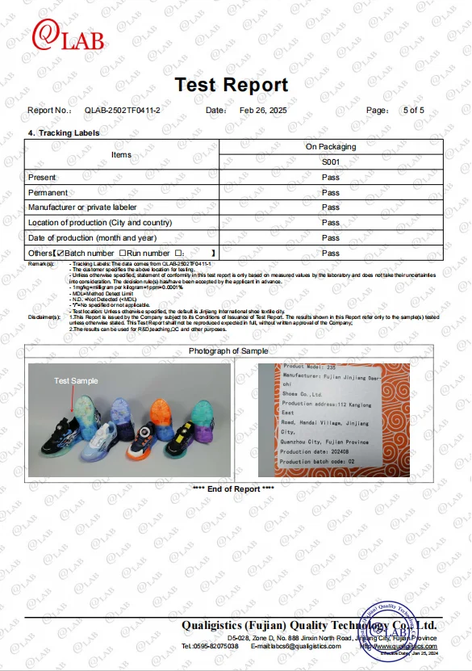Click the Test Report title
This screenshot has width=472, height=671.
[231, 85]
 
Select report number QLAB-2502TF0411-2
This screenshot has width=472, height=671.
[123, 110]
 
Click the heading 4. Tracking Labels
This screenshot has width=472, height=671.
[64, 132]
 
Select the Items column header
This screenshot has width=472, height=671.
[121, 154]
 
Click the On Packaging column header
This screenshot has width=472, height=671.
[331, 147]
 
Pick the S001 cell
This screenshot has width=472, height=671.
[331, 162]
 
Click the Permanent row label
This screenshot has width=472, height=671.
[48, 193]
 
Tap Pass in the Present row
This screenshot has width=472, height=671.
[331, 178]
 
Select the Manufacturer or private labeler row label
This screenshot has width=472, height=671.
[90, 208]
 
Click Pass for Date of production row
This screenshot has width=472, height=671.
[331, 238]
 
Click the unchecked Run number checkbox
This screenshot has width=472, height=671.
[122, 254]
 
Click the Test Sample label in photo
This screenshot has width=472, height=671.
[76, 381]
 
